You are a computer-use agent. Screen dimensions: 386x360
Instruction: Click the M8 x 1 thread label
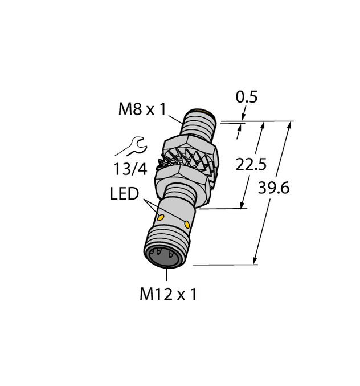(141, 109)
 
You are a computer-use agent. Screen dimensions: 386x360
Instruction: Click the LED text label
(124, 194)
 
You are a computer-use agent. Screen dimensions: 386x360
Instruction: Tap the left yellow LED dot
(161, 218)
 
